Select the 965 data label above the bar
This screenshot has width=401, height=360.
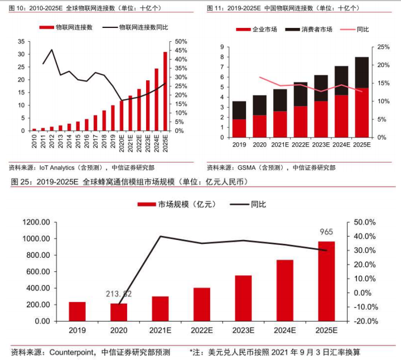(x=326, y=231)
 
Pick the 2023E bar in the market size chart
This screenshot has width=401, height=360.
(x=243, y=298)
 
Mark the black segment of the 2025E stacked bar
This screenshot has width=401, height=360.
(x=361, y=72)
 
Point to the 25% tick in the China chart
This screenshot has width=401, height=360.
(x=383, y=47)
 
